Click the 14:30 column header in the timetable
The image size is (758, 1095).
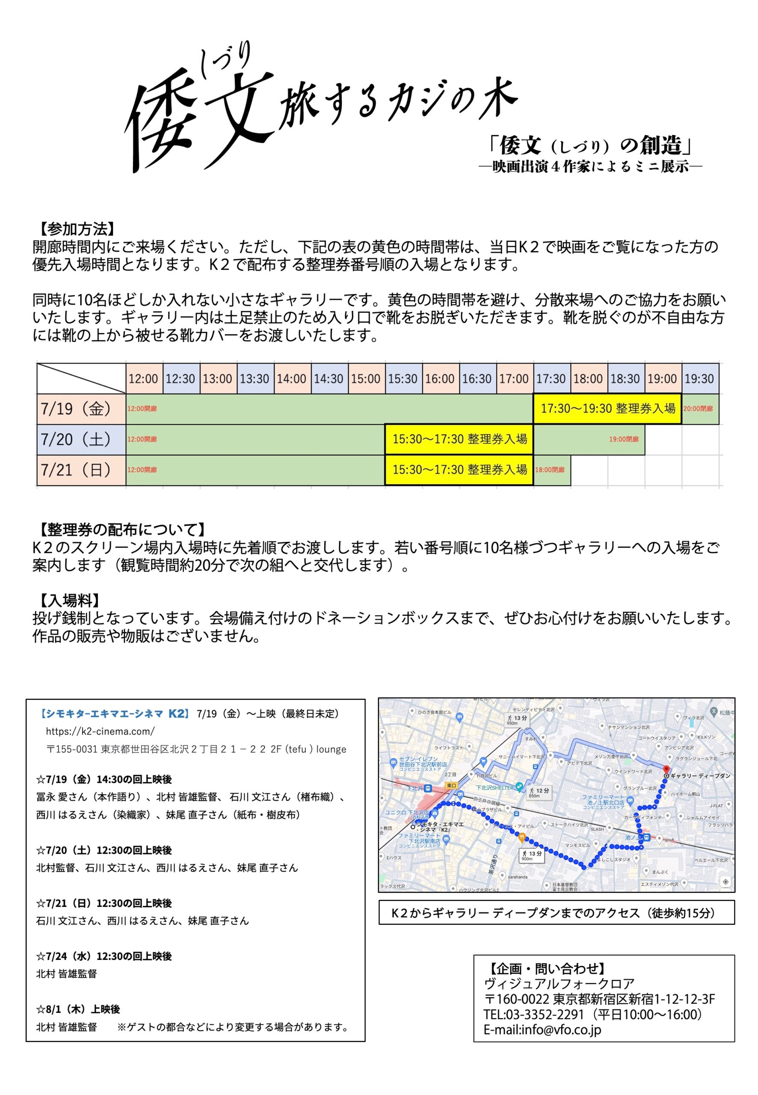click(x=329, y=379)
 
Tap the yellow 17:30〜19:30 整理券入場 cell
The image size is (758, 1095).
click(x=607, y=408)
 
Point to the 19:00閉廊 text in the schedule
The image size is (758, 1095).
click(x=624, y=439)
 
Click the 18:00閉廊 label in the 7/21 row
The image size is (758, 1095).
click(x=550, y=470)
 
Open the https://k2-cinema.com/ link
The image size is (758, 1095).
click(x=100, y=731)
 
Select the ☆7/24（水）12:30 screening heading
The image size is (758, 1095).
click(x=104, y=956)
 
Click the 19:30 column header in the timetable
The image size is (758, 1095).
click(x=699, y=379)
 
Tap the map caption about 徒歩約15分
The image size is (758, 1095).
click(x=556, y=913)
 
